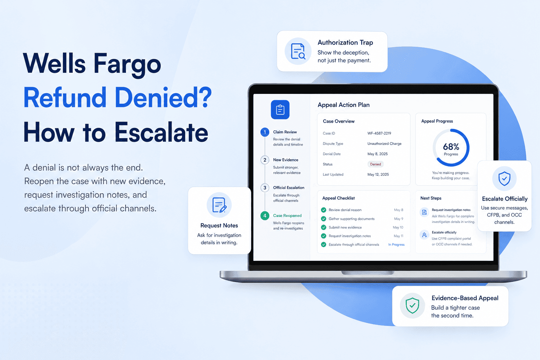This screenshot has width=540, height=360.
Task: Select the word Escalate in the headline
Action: coord(161,132)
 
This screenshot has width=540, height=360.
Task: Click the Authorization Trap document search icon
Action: coord(298,51)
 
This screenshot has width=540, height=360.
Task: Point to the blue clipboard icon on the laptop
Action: coord(280,109)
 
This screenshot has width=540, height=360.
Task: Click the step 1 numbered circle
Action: coord(265,132)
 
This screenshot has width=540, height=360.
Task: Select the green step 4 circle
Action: coord(265,216)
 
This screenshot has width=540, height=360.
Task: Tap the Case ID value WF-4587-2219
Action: coord(379,133)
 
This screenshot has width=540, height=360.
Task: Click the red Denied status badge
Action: coord(375,164)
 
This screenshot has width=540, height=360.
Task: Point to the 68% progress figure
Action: coord(451,147)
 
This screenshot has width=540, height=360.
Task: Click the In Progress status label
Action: coord(396,244)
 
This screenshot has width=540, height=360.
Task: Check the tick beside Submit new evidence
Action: coord(323,227)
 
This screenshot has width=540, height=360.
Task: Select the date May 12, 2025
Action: coord(378,174)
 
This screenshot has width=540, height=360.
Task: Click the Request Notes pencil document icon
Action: coord(219,205)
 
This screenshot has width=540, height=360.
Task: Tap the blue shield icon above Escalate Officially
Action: coord(504,179)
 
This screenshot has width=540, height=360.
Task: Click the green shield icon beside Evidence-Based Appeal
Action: coord(412,306)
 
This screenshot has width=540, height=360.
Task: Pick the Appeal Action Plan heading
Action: coord(343,105)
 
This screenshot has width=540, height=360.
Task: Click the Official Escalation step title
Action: coord(289,188)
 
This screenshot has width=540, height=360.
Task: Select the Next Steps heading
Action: coord(431,198)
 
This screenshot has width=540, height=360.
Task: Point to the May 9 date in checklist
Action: coord(398,219)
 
